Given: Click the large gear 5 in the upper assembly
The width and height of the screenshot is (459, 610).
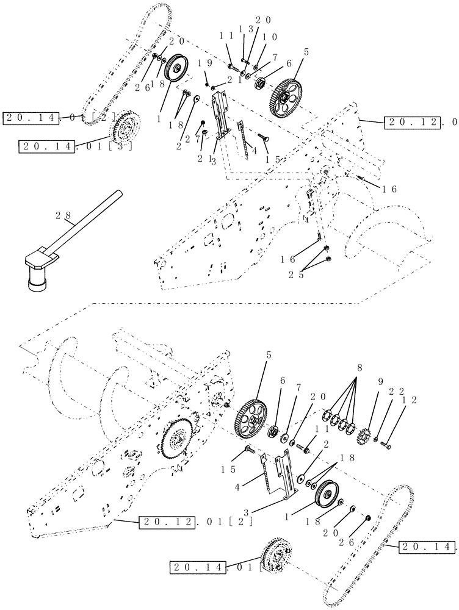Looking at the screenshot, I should [x=285, y=98].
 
